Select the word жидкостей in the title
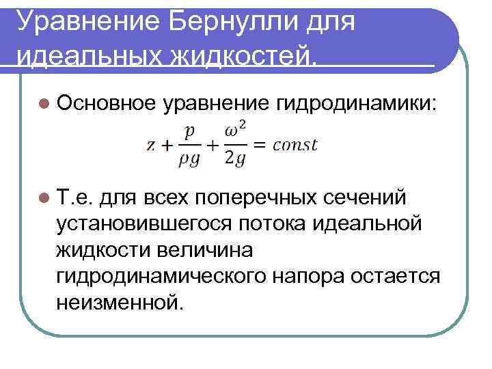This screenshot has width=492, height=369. (228, 53)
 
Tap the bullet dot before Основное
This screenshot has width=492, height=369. (44, 104)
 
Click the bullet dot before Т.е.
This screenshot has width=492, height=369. (44, 198)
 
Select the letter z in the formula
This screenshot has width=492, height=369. (151, 145)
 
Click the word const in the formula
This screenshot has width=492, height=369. (295, 145)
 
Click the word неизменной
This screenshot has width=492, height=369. (121, 301)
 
